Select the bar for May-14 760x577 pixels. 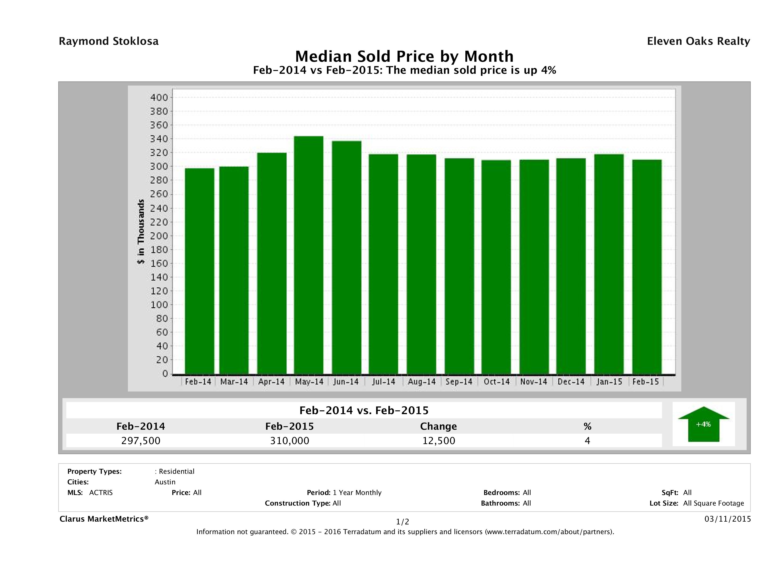tap(309, 255)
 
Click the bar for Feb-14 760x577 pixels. tap(199, 271)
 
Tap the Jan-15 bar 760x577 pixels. tap(609, 264)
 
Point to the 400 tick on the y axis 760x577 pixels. tap(159, 98)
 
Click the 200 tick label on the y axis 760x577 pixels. tap(159, 236)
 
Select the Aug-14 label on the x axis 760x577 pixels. tap(422, 382)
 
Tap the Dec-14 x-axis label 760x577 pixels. tap(571, 382)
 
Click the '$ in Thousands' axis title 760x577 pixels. tap(141, 231)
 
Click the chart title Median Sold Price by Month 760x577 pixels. tap(404, 56)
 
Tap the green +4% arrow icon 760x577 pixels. tap(703, 424)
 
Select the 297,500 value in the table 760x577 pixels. tap(141, 441)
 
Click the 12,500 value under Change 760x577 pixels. tap(439, 441)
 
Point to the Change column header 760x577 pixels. tap(439, 426)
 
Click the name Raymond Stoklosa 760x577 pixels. tap(109, 41)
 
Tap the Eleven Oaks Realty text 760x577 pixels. tap(698, 41)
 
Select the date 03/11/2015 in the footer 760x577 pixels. tap(727, 519)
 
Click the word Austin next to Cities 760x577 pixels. tap(165, 482)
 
